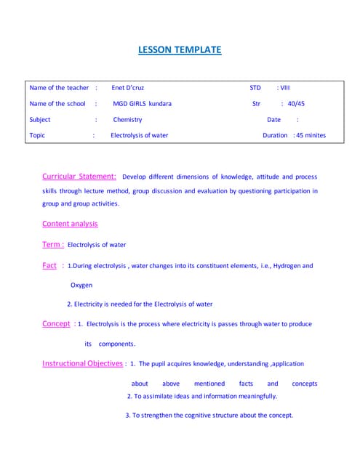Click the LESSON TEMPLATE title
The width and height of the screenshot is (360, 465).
coord(180,50)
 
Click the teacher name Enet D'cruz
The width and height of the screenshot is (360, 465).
coord(128,88)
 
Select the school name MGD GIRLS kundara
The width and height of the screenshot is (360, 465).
coord(142,104)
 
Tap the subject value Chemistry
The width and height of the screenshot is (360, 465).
coord(127,120)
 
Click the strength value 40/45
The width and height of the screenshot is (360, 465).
coord(296,104)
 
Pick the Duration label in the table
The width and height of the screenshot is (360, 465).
coord(275,136)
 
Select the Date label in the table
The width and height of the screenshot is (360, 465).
coord(273,120)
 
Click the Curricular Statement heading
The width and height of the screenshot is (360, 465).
coord(79,177)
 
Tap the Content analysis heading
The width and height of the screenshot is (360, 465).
coord(70,224)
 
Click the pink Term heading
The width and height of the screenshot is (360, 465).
coord(52,245)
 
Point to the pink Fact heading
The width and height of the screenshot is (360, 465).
coord(49,266)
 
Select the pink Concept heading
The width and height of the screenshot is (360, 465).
coord(56,324)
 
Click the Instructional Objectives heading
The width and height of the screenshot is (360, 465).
coord(83,363)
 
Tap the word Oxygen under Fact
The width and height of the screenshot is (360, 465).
coord(81,286)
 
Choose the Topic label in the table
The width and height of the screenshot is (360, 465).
coord(37,136)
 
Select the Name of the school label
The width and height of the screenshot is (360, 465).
coord(57,104)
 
